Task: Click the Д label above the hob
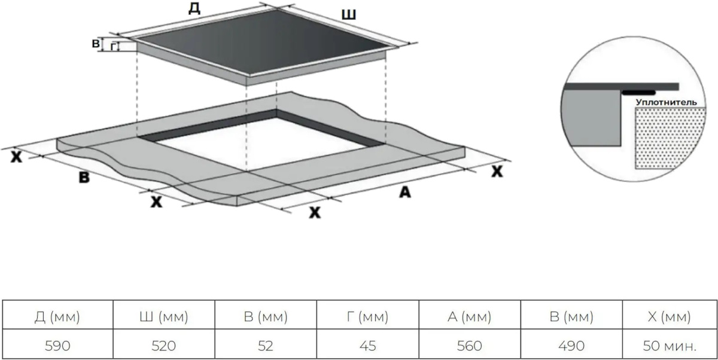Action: pyautogui.click(x=194, y=8)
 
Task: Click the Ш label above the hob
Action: pyautogui.click(x=348, y=15)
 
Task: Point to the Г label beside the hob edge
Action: pyautogui.click(x=113, y=47)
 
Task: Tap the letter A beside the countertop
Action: pyautogui.click(x=405, y=192)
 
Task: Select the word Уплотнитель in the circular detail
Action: pyautogui.click(x=666, y=102)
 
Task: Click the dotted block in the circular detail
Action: pyautogui.click(x=670, y=138)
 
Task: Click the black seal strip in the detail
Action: pyautogui.click(x=638, y=93)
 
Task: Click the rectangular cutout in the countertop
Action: pyautogui.click(x=262, y=141)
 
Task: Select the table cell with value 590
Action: pyautogui.click(x=57, y=346)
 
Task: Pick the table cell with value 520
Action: pyautogui.click(x=164, y=346)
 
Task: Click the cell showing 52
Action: pyautogui.click(x=266, y=346)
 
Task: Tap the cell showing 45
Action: pyautogui.click(x=367, y=346)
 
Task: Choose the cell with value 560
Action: pyautogui.click(x=470, y=346)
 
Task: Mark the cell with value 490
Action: pyautogui.click(x=571, y=346)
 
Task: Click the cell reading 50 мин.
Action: pyautogui.click(x=670, y=346)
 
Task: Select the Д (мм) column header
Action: pyautogui.click(x=57, y=316)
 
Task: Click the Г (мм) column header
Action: pyautogui.click(x=367, y=316)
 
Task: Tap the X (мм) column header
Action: pyautogui.click(x=670, y=316)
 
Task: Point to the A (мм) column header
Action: pyautogui.click(x=470, y=316)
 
